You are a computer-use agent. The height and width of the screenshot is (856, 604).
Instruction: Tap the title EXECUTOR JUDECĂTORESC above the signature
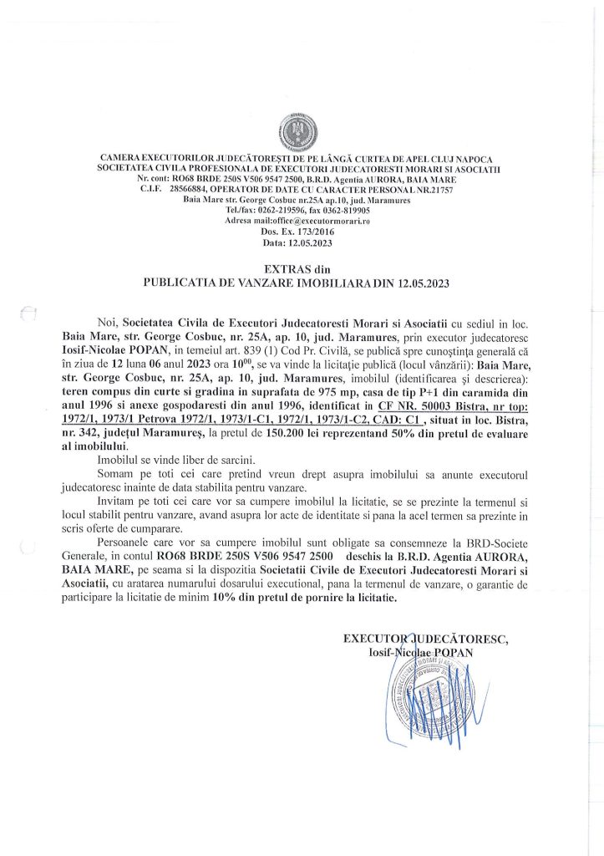click(x=426, y=639)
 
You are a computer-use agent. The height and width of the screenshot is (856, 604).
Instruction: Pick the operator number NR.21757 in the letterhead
click(x=428, y=190)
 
